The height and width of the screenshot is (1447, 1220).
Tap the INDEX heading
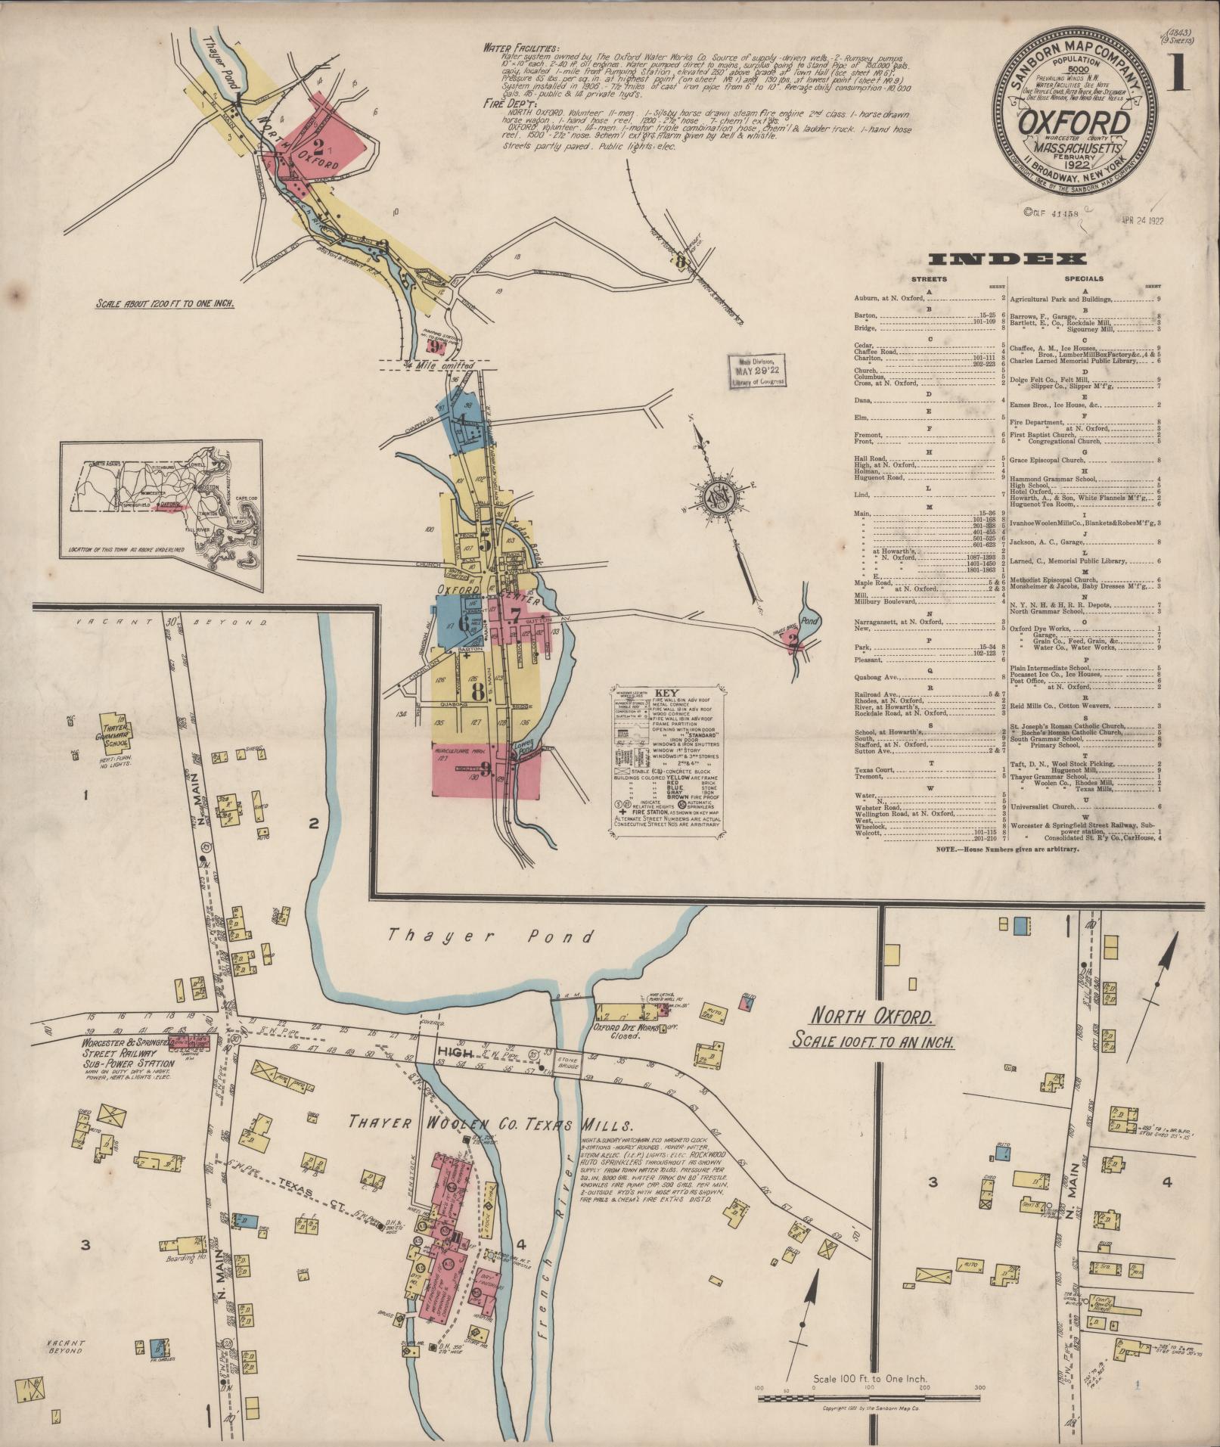point(1003,260)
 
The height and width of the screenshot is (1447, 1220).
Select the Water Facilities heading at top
point(521,47)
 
